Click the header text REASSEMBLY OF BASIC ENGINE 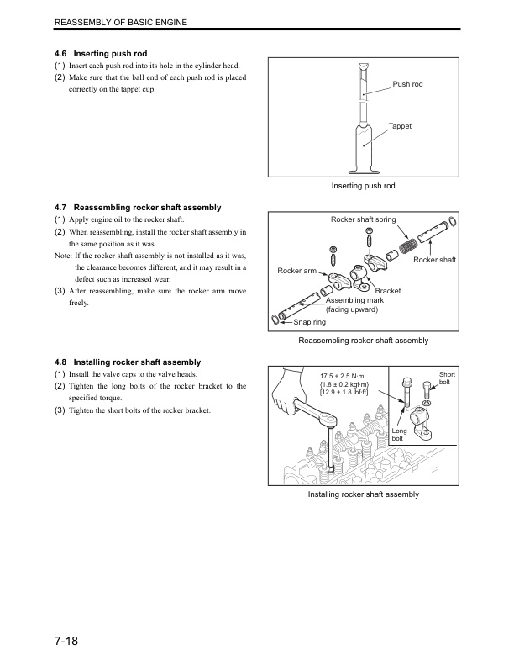pyautogui.click(x=120, y=20)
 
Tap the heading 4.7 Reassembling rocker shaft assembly pyautogui.click(x=138, y=207)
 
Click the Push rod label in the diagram pyautogui.click(x=407, y=85)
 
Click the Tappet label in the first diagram pyautogui.click(x=400, y=125)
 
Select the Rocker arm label pyautogui.click(x=296, y=270)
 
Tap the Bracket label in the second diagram pyautogui.click(x=387, y=291)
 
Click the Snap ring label pyautogui.click(x=309, y=321)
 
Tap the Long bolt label pyautogui.click(x=400, y=434)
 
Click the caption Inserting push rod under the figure pyautogui.click(x=363, y=185)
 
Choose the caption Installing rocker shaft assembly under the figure pyautogui.click(x=363, y=494)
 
